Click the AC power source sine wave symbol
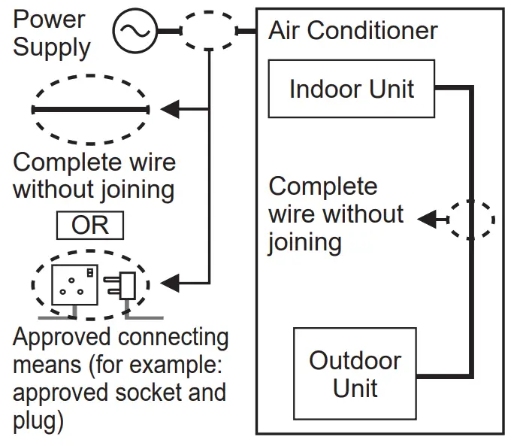pyautogui.click(x=135, y=31)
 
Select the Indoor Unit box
pyautogui.click(x=351, y=89)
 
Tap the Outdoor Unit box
pyautogui.click(x=355, y=373)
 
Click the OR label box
pyautogui.click(x=89, y=225)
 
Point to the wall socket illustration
pyautogui.click(x=73, y=284)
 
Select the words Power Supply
pyautogui.click(x=51, y=33)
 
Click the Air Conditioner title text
pyautogui.click(x=352, y=31)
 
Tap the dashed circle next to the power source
pyautogui.click(x=208, y=32)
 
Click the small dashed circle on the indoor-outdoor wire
pyautogui.click(x=471, y=219)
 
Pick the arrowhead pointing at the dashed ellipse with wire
pyautogui.click(x=171, y=110)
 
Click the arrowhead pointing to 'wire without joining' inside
pyautogui.click(x=428, y=220)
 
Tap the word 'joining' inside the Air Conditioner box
pyautogui.click(x=304, y=242)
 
